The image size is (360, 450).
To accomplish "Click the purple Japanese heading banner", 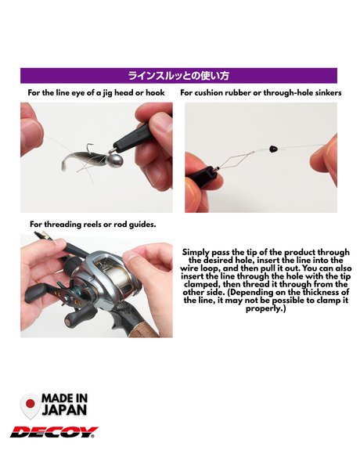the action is (178, 76).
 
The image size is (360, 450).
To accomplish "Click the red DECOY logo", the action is (54, 432).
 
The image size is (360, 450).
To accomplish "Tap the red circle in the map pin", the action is (31, 404).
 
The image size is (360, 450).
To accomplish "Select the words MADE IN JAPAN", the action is (64, 404).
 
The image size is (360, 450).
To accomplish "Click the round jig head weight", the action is (116, 161).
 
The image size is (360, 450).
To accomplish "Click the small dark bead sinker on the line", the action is (272, 149).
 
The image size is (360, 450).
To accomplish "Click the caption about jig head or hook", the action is (96, 92).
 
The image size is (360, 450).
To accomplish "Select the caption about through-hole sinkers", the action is (261, 92).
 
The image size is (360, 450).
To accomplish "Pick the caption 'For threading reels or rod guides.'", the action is (92, 224).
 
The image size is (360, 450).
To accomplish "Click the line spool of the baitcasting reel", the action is (118, 275).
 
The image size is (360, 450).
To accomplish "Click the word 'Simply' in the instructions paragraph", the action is (196, 253).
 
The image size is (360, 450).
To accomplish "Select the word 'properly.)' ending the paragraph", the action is (265, 309).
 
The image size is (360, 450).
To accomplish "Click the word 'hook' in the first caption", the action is (155, 92).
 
